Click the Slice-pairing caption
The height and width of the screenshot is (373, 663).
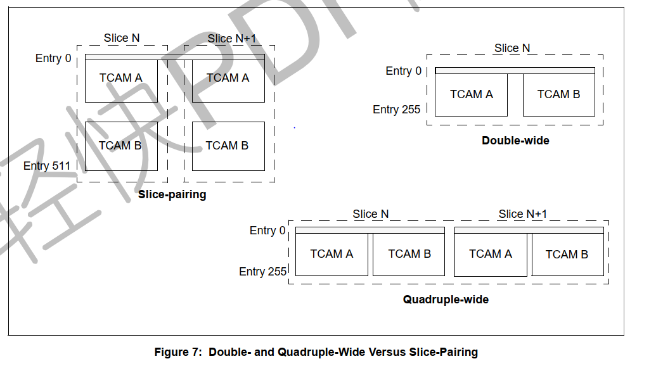click(172, 194)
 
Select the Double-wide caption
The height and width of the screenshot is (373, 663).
click(515, 140)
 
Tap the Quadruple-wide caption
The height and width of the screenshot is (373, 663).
click(446, 299)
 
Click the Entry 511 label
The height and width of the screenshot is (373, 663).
click(47, 166)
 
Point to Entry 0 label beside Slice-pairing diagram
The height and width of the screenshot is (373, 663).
click(53, 58)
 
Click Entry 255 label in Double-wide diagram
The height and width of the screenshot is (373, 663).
click(396, 110)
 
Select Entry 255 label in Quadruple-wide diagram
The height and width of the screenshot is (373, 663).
click(262, 271)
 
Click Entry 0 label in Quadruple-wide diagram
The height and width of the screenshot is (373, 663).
click(267, 231)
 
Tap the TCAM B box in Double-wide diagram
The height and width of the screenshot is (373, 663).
click(558, 94)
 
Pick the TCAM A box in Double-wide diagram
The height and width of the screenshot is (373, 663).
click(471, 94)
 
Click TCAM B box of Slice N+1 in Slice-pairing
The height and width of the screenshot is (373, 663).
click(228, 146)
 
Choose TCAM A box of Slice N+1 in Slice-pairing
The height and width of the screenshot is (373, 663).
click(228, 78)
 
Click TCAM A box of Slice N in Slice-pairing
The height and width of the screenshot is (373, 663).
click(121, 78)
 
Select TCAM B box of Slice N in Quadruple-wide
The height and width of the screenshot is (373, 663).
click(409, 254)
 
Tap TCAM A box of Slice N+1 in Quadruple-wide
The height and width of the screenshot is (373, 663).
click(490, 254)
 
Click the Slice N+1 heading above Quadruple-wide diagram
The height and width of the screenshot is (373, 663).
click(522, 214)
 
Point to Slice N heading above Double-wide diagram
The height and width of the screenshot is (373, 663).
click(512, 48)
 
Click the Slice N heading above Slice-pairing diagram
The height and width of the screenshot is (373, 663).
click(122, 38)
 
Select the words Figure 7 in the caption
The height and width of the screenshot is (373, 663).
click(177, 352)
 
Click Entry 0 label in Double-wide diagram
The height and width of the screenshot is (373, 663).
click(403, 71)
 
